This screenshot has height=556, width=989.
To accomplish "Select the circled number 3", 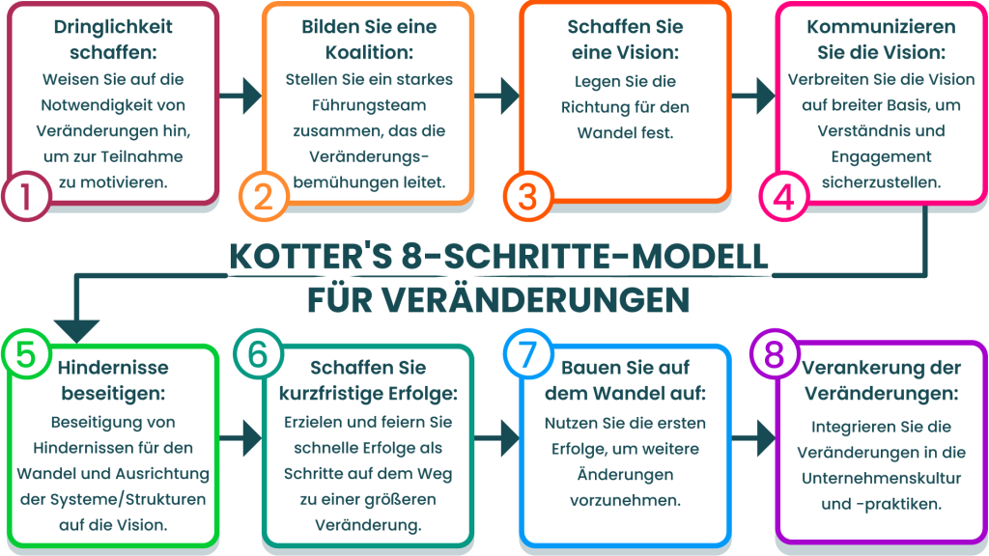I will point(527,196).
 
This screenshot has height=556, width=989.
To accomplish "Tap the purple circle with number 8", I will point(773,354).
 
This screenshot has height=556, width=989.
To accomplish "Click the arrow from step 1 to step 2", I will point(240,96).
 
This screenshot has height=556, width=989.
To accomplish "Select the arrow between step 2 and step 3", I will point(498,96).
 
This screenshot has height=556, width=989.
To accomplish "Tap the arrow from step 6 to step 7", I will point(498,436).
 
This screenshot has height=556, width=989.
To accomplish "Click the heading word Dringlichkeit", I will point(102,28).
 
